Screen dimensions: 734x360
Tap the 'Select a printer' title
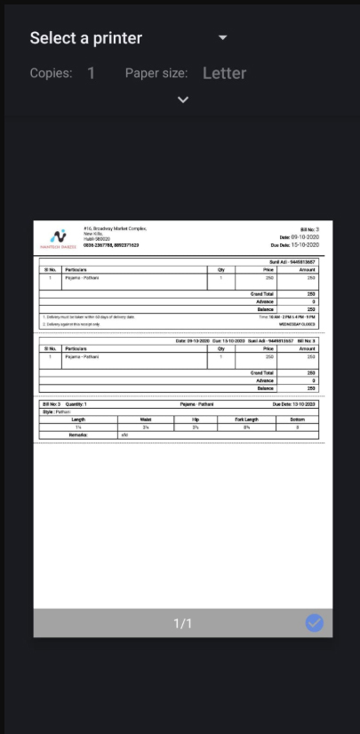coord(86,38)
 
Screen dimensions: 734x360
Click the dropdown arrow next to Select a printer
coord(223,37)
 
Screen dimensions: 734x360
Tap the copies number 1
coord(92,73)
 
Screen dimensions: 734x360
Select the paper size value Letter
coord(224,73)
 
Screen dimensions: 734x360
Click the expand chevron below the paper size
coord(183,100)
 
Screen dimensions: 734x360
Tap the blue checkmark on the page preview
coord(315,623)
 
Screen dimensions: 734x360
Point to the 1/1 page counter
coord(182,624)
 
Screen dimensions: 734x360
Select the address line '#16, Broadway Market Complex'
coord(116,228)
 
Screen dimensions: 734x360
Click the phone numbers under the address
coord(111,245)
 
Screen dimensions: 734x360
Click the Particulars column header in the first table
coord(76,269)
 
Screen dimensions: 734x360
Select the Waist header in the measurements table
coord(146,419)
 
